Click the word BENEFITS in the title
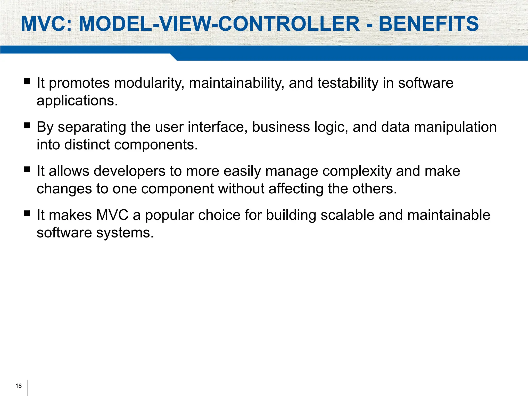[x=428, y=24]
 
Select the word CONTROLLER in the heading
[x=289, y=24]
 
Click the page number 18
[x=19, y=386]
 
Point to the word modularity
[x=149, y=83]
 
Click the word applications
[x=77, y=101]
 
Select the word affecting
[x=296, y=189]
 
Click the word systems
[x=125, y=233]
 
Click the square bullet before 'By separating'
[x=27, y=126]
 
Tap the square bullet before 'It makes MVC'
[x=27, y=213]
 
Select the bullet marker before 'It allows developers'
[x=27, y=169]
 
